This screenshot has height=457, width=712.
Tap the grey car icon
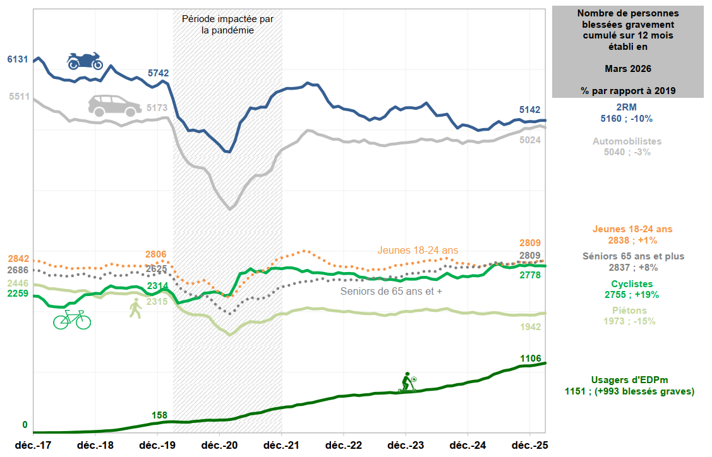[114, 105]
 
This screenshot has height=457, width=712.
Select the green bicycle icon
[71, 319]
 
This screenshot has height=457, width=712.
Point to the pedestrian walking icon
[135, 309]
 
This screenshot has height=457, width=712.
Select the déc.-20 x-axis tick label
[220, 444]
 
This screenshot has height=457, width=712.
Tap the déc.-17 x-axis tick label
[33, 444]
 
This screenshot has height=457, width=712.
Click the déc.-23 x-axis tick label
[406, 444]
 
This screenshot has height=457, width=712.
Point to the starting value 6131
[18, 59]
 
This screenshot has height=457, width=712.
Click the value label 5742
[159, 73]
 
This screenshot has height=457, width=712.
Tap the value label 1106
[531, 359]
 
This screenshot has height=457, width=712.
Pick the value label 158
[159, 415]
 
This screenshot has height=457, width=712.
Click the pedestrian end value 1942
[531, 327]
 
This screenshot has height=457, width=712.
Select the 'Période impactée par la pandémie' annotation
[227, 25]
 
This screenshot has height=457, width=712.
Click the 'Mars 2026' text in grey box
[628, 68]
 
